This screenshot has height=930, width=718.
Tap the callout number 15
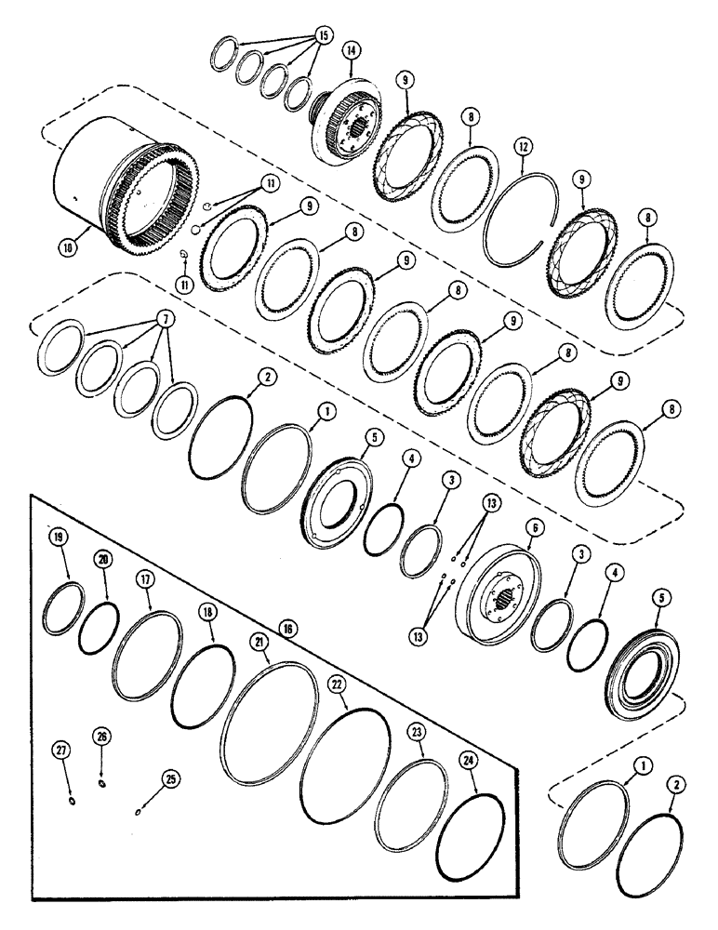tap(323, 34)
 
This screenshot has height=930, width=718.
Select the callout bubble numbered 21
tap(258, 643)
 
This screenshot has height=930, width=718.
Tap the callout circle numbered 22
tap(338, 684)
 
